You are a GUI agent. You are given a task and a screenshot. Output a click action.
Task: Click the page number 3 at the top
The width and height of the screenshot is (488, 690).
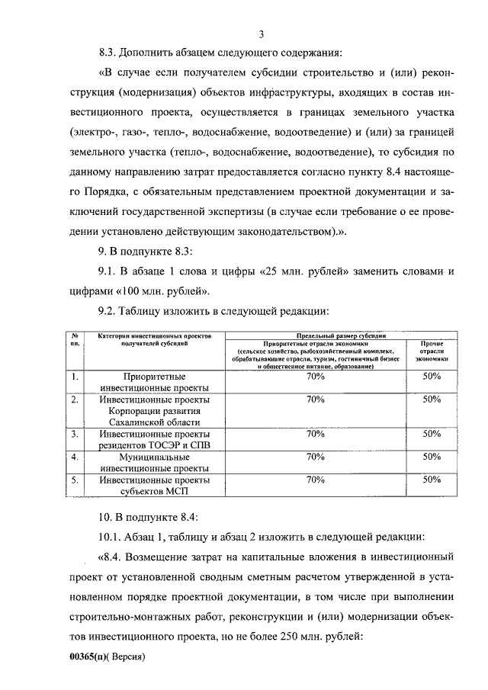[x=262, y=34]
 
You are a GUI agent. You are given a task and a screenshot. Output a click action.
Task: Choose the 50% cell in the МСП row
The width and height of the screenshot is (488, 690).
[x=432, y=480]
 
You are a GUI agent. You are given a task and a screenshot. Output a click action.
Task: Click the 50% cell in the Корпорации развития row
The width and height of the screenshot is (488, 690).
[x=432, y=399]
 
